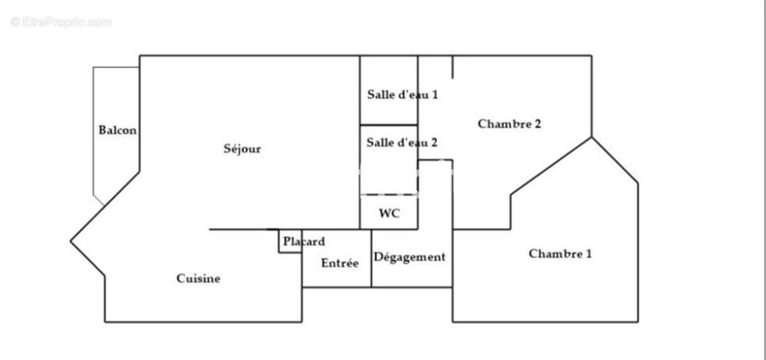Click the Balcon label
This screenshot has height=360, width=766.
[x=117, y=130]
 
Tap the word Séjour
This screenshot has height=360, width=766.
[x=242, y=149]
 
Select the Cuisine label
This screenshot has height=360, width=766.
[x=198, y=278]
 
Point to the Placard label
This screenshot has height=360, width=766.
[x=304, y=242]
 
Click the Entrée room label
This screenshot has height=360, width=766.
[x=340, y=263]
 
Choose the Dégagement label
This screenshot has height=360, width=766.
[x=409, y=257]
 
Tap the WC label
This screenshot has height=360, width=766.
[x=389, y=214]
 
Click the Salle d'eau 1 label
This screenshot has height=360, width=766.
[x=402, y=94]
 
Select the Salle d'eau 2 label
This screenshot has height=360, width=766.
[x=402, y=143]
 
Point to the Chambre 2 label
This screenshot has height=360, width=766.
[x=509, y=124]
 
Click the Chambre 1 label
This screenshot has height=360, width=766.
[x=560, y=254]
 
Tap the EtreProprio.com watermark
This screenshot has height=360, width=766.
[x=61, y=22]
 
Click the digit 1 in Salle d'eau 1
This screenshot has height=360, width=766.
[x=435, y=94]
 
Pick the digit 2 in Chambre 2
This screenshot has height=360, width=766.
[x=537, y=124]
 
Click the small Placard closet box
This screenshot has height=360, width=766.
[x=290, y=241]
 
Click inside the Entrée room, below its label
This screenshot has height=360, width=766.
[x=336, y=277]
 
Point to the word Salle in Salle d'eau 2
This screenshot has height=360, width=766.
[x=379, y=143]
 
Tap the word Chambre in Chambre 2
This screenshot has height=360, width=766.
[x=504, y=124]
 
